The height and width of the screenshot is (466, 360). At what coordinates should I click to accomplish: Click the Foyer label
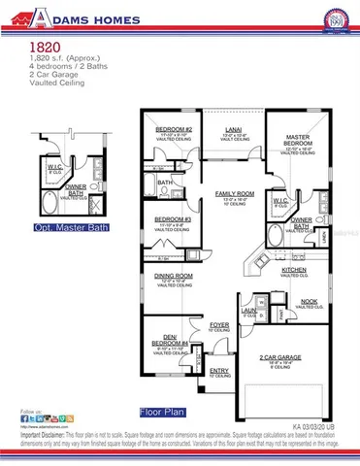tap(219, 326)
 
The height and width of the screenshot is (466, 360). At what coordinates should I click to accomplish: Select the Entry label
tap(218, 371)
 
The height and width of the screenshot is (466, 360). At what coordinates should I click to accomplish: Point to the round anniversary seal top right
tap(339, 17)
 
